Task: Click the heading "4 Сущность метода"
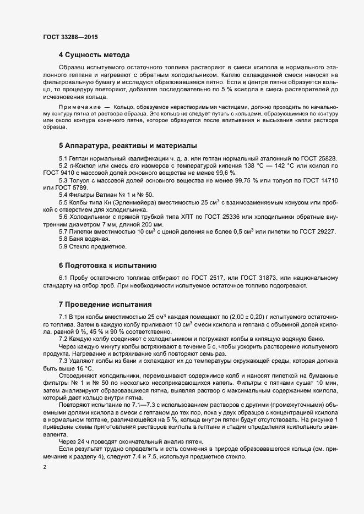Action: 94,55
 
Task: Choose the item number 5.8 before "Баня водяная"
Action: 63,239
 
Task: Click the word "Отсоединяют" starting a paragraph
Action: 78,375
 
